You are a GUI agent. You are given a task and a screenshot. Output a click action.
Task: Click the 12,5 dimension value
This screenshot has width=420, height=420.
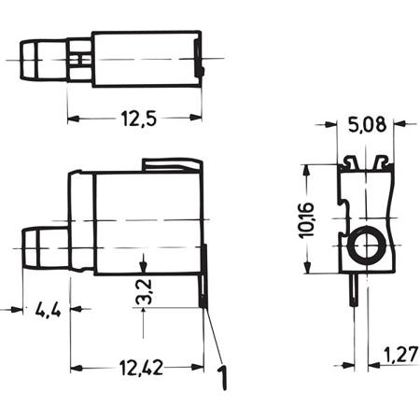[x=138, y=119]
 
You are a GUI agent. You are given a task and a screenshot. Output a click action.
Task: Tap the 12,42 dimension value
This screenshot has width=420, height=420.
[x=141, y=368]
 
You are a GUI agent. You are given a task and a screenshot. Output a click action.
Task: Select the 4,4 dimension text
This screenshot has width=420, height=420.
[x=49, y=310]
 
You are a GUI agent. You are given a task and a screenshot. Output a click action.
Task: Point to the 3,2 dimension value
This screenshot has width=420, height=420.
[x=144, y=291]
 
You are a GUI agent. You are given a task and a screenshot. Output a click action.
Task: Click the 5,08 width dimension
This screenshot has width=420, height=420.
[x=367, y=125]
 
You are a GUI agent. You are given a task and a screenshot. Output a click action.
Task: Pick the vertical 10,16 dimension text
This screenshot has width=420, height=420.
[x=306, y=220]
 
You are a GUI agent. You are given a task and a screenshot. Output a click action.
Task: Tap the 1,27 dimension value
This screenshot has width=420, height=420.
[x=400, y=355]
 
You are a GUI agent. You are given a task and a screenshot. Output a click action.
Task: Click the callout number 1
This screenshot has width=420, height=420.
[x=222, y=378]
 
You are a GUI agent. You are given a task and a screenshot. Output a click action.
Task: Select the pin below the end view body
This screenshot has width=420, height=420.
[x=355, y=290]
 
